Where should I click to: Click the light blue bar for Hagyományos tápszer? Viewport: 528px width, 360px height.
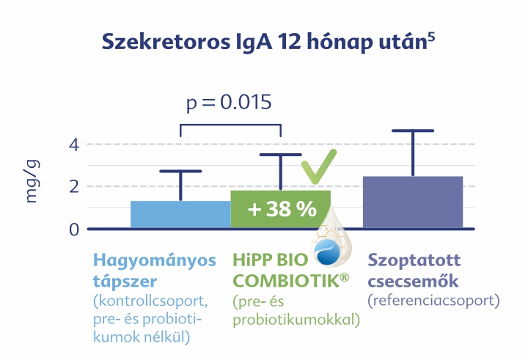coord(180,215)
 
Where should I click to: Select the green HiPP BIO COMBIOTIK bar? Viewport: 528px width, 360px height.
coord(280,209)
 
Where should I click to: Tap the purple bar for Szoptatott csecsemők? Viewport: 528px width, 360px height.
coord(413,202)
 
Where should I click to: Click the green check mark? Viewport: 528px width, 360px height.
coord(318,166)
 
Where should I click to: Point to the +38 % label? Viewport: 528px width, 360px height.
coord(282,209)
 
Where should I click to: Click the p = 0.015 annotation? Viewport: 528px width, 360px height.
coord(229,103)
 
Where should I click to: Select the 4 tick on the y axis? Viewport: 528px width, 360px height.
coord(74,145)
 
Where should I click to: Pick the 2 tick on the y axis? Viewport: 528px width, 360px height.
coord(74,186)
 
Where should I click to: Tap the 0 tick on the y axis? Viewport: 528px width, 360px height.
coord(74,229)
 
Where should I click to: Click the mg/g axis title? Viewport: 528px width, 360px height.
coord(32,181)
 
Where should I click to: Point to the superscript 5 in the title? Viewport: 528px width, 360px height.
coord(431,37)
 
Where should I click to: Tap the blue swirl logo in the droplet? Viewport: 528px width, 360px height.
coord(327,252)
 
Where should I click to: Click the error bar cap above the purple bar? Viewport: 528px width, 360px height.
coord(413,131)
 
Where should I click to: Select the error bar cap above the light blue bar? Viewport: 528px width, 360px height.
coord(180,171)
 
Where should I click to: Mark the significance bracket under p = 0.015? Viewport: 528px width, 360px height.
coord(231,125)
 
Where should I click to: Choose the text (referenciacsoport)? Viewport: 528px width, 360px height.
coord(433,301)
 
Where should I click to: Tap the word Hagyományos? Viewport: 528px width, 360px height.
coord(155,261)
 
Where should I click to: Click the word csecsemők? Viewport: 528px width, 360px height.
coord(413,281)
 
